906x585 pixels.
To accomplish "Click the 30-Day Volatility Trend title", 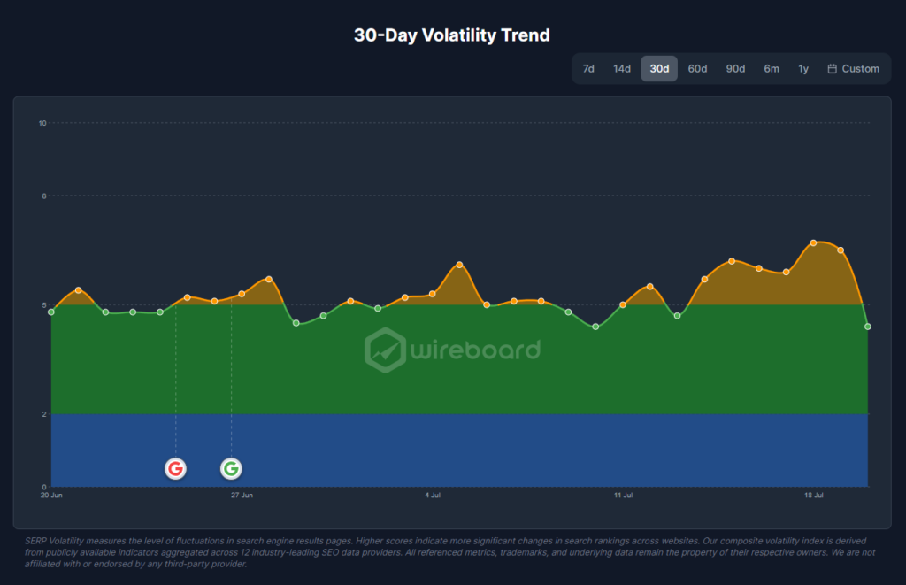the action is (x=452, y=35).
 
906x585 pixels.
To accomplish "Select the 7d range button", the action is (x=588, y=69).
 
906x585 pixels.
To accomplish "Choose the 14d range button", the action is (x=622, y=69).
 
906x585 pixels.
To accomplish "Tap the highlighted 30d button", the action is (x=659, y=69).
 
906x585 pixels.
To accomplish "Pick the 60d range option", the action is (x=697, y=69).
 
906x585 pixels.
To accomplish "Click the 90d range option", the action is (x=735, y=69).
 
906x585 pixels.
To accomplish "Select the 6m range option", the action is (x=772, y=69).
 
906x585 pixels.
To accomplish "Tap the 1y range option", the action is (x=803, y=69).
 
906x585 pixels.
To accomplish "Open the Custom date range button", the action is (x=854, y=69).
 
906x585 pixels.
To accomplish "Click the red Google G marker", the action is (x=176, y=468).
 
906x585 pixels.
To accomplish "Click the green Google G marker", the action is (x=231, y=468).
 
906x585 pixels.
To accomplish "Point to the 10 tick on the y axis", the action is (x=42, y=123).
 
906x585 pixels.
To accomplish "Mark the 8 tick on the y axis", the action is (x=44, y=196).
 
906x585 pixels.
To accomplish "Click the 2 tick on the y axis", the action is (x=44, y=414).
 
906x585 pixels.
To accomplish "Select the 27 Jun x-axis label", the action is (x=242, y=496).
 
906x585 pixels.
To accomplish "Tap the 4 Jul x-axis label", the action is (x=433, y=496).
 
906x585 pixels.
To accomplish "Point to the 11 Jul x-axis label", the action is (x=624, y=496).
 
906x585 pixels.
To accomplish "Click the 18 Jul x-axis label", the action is (x=814, y=496).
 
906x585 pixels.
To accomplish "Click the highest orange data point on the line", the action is (x=813, y=242).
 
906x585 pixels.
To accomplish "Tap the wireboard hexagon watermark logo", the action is (x=386, y=350).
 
